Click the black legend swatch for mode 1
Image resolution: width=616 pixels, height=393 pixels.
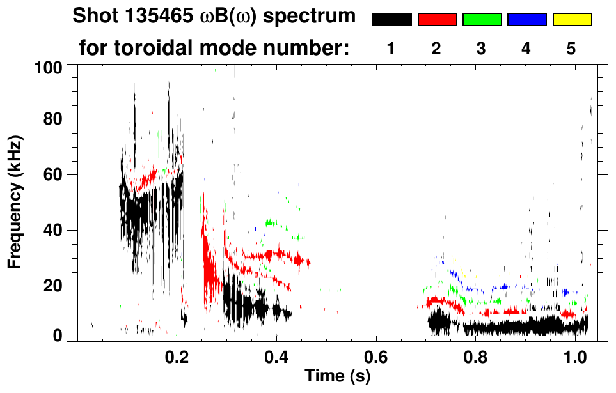(x=392, y=20)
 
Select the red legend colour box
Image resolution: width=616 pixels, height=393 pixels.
(x=437, y=20)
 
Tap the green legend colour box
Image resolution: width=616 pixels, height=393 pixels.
(x=482, y=20)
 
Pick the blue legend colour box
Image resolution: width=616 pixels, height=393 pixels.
(x=526, y=20)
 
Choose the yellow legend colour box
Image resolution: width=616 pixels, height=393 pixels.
(x=571, y=20)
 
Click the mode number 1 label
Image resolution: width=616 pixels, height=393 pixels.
(x=390, y=49)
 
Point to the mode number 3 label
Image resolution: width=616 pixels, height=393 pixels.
(x=481, y=49)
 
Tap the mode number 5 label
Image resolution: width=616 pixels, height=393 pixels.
(x=571, y=49)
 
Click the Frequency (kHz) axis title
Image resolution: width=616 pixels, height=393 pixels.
(x=15, y=201)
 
